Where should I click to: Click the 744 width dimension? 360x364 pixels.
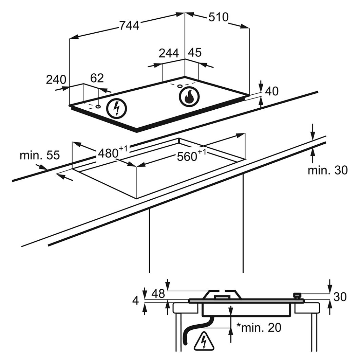coord(129,25)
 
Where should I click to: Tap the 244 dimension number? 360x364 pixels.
coord(169,53)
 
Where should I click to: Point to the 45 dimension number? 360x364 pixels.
coord(195,52)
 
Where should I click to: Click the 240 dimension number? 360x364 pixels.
coord(56,80)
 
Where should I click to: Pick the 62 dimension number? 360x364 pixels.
coord(97,78)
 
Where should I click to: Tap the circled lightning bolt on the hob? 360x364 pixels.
coord(117,109)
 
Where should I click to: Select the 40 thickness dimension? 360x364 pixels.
coord(272,91)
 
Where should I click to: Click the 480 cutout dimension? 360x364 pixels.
coord(112,152)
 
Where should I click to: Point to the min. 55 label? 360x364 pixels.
coord(40,156)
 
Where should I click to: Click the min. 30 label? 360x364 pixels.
coord(327,170)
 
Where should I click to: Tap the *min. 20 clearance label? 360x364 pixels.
coord(259,328)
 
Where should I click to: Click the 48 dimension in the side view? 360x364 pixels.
coord(158,293)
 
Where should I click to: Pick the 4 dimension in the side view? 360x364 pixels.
coord(136,301)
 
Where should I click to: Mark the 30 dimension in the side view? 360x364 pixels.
coord(340,297)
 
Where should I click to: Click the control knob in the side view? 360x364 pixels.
coord(298,296)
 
